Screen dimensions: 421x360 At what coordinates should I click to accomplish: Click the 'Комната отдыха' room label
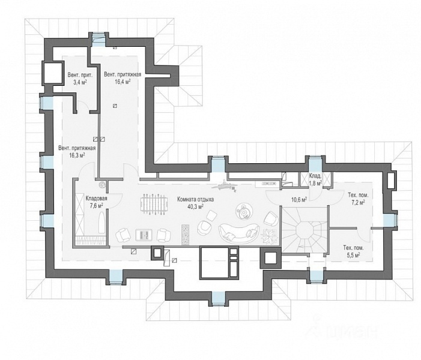[x=195, y=199]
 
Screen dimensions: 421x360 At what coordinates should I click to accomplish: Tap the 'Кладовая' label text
[x=96, y=199]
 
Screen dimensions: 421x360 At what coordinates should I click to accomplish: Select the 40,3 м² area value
[x=195, y=206]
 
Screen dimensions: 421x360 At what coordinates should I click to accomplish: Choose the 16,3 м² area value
[x=77, y=155]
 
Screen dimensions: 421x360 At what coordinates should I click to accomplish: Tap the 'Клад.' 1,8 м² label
[x=315, y=179]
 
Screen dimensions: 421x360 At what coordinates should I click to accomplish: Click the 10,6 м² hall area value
[x=299, y=200]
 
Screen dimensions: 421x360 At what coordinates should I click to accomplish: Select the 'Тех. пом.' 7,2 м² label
[x=357, y=199]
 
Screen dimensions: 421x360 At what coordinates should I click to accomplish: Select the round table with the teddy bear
[x=244, y=212]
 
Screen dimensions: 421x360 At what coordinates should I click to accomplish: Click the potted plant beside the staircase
[x=270, y=236]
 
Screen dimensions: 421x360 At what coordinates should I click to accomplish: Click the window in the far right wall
[x=388, y=221]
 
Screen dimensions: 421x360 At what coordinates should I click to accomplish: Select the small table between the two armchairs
[x=144, y=235]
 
